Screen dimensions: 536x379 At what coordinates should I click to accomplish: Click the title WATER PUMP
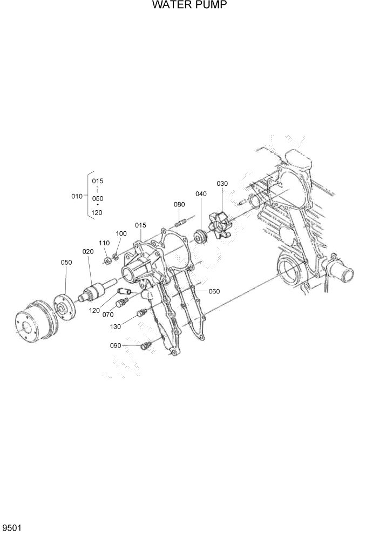[x=189, y=5]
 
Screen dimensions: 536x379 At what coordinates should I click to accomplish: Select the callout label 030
[x=222, y=184]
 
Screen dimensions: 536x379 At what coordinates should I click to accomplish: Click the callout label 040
[x=201, y=194]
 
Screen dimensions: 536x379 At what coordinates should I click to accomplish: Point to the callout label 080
[x=179, y=204]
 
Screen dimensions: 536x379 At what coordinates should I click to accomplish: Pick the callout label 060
[x=214, y=291]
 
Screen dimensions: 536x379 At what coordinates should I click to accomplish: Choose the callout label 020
[x=88, y=251]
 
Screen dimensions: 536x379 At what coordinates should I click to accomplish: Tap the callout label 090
[x=116, y=345]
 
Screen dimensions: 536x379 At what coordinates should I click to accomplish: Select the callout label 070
[x=108, y=314]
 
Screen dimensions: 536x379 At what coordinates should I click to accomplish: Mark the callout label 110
[x=104, y=243]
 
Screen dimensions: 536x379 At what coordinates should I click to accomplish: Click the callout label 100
[x=121, y=233]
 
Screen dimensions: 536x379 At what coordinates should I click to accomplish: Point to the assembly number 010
[x=77, y=196]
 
